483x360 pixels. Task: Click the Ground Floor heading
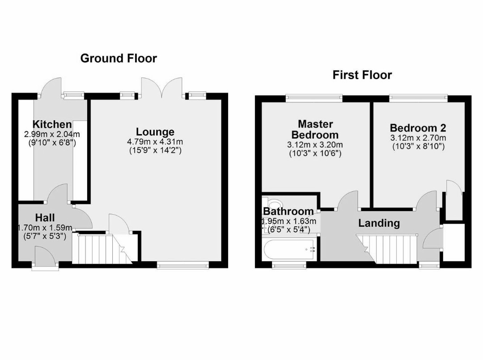pos(119,58)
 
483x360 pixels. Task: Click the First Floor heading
pos(362,75)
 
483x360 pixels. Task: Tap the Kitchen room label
pos(52,124)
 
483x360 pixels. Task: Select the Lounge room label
pos(155,132)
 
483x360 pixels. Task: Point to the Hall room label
pos(45,218)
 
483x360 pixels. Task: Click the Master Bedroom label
pos(315,129)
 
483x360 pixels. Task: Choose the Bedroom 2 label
pos(418,128)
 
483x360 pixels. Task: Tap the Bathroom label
pos(288,212)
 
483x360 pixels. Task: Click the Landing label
pos(379,223)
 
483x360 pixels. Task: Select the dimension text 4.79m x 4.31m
pos(155,142)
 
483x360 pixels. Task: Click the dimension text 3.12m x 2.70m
pos(418,138)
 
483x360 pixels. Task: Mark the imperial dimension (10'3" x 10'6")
pos(315,153)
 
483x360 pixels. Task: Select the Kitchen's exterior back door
pos(50,87)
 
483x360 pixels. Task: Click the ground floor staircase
pos(96,249)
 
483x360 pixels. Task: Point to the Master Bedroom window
pos(314,96)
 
